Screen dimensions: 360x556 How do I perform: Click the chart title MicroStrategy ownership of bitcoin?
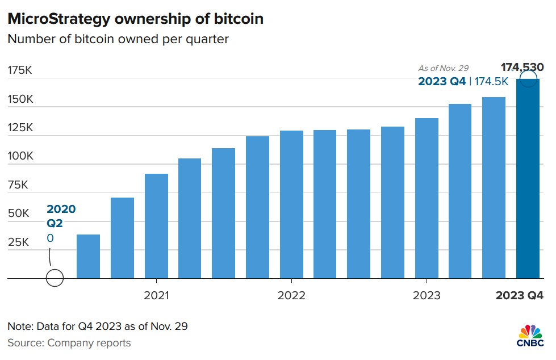(135, 18)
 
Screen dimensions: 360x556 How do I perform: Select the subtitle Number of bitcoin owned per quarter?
(118, 40)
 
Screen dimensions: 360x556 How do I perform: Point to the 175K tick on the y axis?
(20, 70)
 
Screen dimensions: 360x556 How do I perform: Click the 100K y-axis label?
(20, 156)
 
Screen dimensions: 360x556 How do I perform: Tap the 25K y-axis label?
(18, 242)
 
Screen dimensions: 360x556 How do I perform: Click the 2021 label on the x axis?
(156, 296)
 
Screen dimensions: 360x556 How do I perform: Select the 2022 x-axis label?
(291, 296)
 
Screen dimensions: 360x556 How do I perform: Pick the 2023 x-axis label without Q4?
(427, 296)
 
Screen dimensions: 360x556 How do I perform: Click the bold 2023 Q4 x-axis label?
(520, 296)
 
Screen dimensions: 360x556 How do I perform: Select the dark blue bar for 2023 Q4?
(528, 182)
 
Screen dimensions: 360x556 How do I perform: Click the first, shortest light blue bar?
(88, 257)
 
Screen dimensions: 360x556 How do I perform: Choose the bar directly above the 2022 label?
(291, 204)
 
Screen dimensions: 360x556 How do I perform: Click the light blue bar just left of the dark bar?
(494, 187)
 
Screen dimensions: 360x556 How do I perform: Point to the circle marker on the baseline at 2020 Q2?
(55, 278)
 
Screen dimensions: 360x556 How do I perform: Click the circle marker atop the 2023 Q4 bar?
(528, 79)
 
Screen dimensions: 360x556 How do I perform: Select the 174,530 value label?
(521, 68)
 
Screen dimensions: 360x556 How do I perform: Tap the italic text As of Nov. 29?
(444, 69)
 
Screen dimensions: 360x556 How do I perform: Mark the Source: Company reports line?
(69, 343)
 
